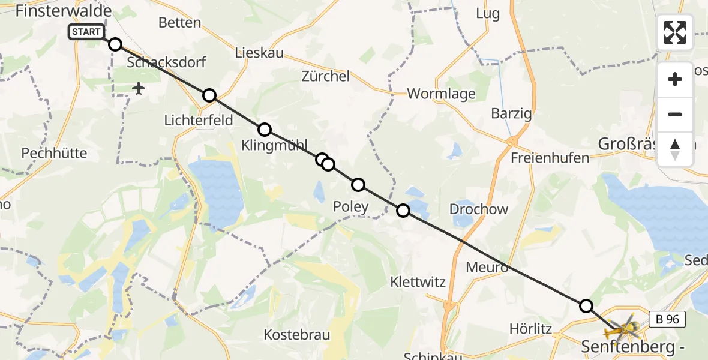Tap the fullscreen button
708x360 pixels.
pyautogui.click(x=675, y=32)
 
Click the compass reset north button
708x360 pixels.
pyautogui.click(x=675, y=149)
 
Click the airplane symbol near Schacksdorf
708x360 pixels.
pyautogui.click(x=139, y=89)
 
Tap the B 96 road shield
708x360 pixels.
pyautogui.click(x=667, y=319)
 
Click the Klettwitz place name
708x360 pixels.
pyautogui.click(x=418, y=281)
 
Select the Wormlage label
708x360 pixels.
pyautogui.click(x=441, y=94)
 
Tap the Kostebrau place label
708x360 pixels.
pyautogui.click(x=297, y=335)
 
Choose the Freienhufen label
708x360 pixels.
pyautogui.click(x=550, y=158)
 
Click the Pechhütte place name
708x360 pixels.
pyautogui.click(x=54, y=153)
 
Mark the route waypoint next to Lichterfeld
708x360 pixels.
pyautogui.click(x=209, y=95)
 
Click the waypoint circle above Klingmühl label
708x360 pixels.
pyautogui.click(x=264, y=130)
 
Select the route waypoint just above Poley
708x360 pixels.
pyautogui.click(x=358, y=185)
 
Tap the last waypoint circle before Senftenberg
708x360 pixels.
pyautogui.click(x=586, y=306)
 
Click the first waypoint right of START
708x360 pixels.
pyautogui.click(x=115, y=44)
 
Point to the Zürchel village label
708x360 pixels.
pyautogui.click(x=325, y=76)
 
